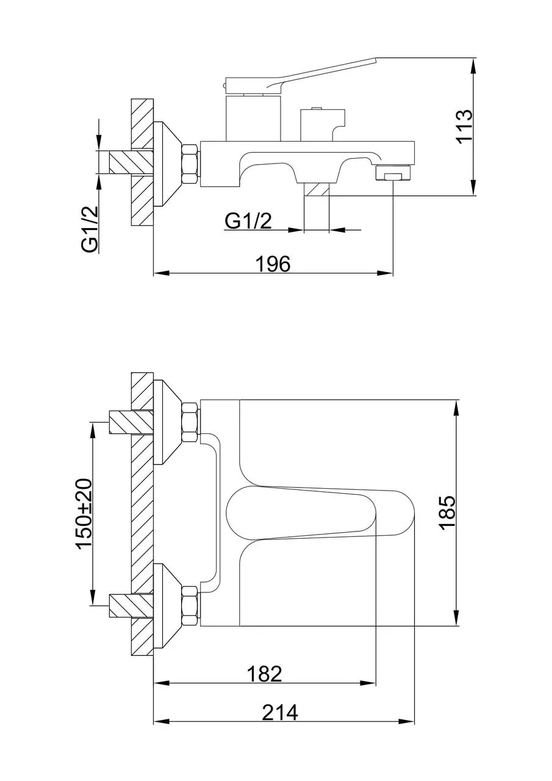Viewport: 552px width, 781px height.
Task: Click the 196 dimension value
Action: [273, 264]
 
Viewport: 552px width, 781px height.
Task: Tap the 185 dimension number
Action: [448, 513]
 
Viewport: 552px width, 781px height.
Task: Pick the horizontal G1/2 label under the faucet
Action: [248, 221]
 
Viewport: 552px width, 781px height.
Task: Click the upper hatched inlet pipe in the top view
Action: [131, 422]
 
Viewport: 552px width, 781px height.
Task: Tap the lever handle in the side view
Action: [301, 76]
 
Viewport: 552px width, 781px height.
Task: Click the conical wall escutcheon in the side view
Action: [167, 164]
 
